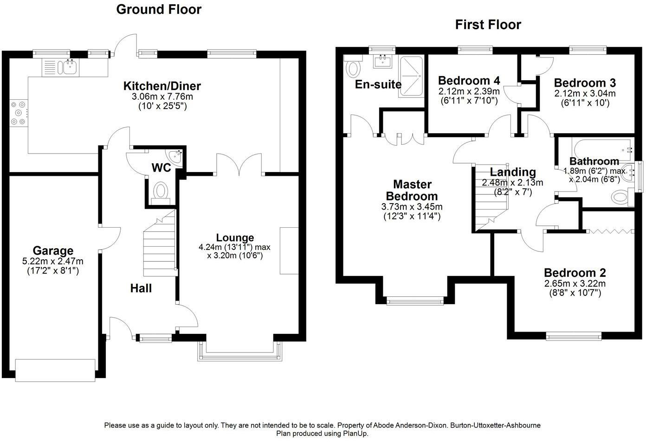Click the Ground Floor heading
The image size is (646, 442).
[x=159, y=10]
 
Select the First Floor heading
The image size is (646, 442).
[x=488, y=25]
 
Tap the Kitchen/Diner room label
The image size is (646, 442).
[x=162, y=86]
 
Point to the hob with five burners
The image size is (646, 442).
[x=19, y=113]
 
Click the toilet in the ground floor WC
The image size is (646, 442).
[x=161, y=192]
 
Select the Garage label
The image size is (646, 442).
[x=53, y=250]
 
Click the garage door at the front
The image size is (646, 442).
[x=55, y=370]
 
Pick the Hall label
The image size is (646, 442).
[x=141, y=288]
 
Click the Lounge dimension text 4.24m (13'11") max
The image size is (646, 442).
[x=234, y=247]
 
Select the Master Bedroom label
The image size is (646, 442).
[x=412, y=190]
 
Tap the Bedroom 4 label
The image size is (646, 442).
[x=469, y=80]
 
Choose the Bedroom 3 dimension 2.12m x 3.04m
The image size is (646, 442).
[x=585, y=93]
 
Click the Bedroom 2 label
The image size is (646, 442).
[x=575, y=273]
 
